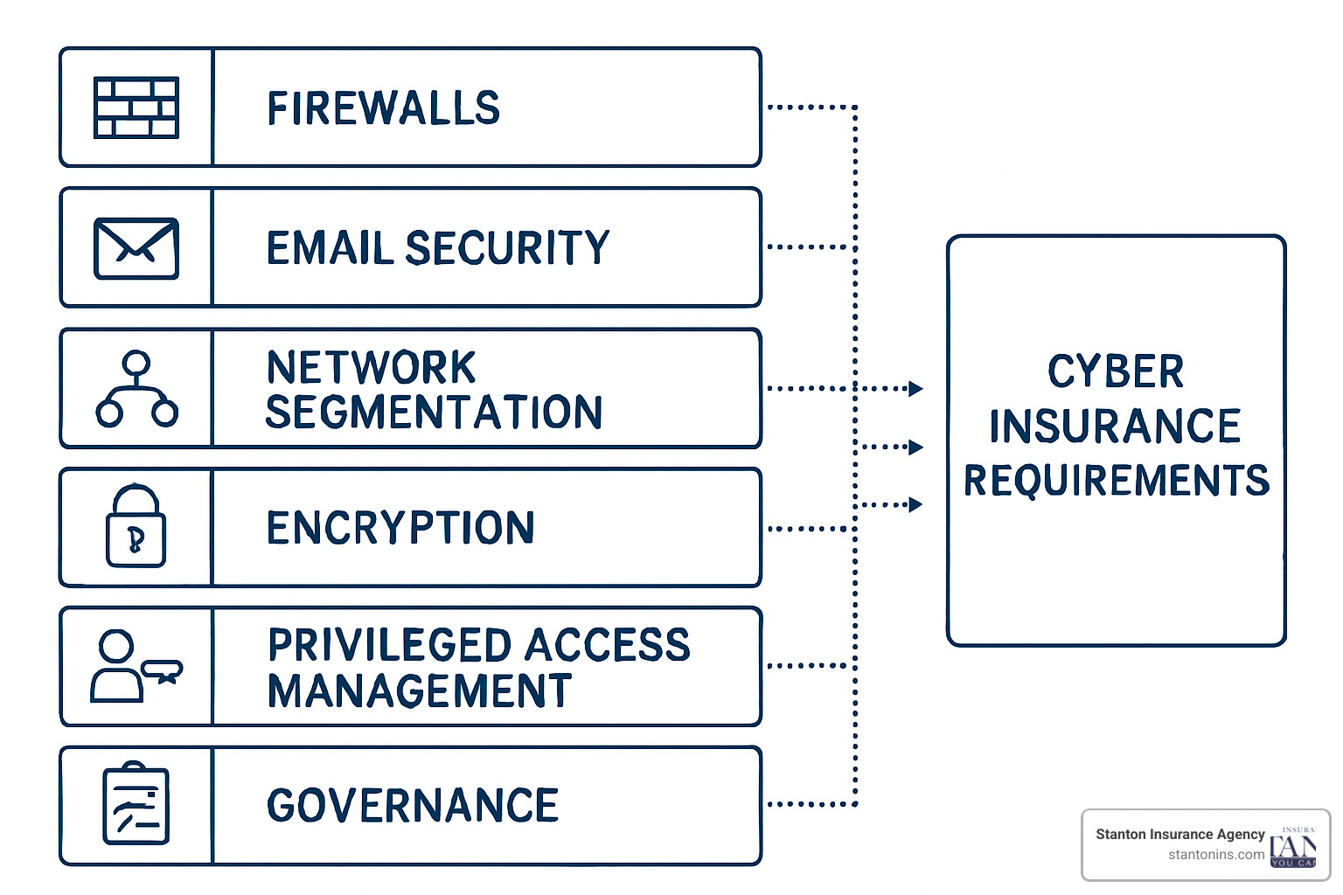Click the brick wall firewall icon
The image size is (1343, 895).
point(136,108)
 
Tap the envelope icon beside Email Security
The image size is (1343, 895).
point(136,248)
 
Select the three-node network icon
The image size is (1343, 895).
point(136,389)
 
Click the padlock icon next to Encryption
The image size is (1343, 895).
point(136,527)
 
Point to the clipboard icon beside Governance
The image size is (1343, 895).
point(136,805)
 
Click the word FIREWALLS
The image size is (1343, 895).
point(383,108)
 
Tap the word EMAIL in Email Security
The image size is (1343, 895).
point(330,248)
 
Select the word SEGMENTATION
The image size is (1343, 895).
point(434,413)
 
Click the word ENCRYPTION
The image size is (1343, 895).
point(400,528)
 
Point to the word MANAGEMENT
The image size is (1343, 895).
point(420,691)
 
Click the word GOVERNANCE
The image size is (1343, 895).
point(413,806)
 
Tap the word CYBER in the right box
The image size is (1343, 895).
point(1116,372)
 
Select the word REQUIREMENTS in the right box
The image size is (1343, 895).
point(1117,481)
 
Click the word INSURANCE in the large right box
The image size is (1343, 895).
point(1115,427)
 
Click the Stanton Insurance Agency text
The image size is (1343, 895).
point(1179,834)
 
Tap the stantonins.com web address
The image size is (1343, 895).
point(1215,855)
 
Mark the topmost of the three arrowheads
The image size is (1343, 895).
point(915,389)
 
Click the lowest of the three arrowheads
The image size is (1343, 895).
point(915,504)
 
